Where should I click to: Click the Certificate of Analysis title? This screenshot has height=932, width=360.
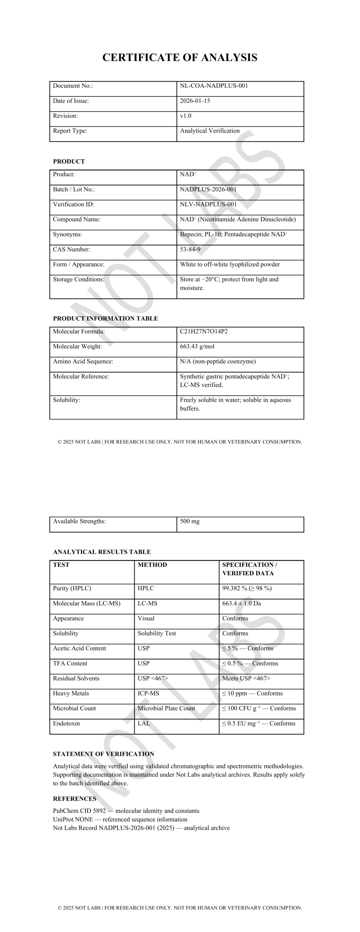pyautogui.click(x=180, y=58)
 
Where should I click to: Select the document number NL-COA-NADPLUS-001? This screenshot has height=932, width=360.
pyautogui.click(x=214, y=86)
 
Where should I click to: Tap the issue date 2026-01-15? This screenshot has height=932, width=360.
pyautogui.click(x=195, y=101)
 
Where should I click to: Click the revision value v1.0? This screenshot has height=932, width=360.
pyautogui.click(x=185, y=116)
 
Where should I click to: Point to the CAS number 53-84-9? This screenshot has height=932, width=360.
pyautogui.click(x=190, y=249)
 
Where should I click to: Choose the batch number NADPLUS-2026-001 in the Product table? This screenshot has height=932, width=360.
pyautogui.click(x=208, y=189)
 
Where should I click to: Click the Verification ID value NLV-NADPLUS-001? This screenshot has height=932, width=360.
pyautogui.click(x=208, y=204)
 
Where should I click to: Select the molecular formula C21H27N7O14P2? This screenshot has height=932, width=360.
pyautogui.click(x=203, y=331)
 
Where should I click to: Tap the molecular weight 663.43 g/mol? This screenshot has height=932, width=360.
pyautogui.click(x=197, y=346)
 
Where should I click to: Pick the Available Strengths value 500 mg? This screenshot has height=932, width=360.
pyautogui.click(x=190, y=521)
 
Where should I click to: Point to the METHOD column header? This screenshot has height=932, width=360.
pyautogui.click(x=152, y=565)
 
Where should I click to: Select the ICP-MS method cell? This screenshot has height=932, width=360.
pyautogui.click(x=148, y=693)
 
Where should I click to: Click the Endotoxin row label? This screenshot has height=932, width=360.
pyautogui.click(x=66, y=723)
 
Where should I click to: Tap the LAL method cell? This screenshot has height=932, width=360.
pyautogui.click(x=144, y=723)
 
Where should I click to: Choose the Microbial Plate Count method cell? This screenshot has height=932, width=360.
pyautogui.click(x=166, y=708)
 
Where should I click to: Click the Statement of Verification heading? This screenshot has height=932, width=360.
pyautogui.click(x=103, y=754)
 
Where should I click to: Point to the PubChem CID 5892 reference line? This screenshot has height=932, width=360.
pyautogui.click(x=126, y=811)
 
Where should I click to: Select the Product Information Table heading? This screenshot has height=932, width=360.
pyautogui.click(x=105, y=319)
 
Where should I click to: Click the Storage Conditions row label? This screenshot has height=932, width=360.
pyautogui.click(x=78, y=279)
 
